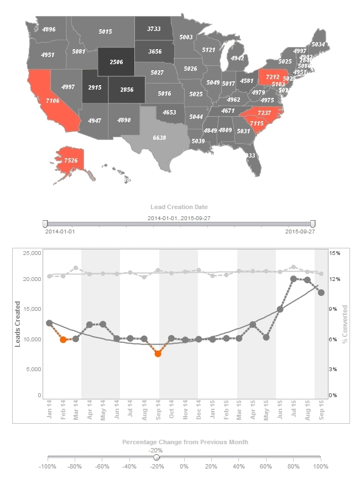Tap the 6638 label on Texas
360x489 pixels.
[159, 137]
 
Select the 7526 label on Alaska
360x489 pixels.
[71, 160]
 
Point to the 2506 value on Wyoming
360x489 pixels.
[116, 62]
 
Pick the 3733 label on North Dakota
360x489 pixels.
[154, 29]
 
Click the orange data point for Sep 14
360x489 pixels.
[158, 353]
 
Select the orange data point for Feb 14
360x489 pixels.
[63, 340]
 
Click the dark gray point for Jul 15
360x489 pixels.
[294, 279]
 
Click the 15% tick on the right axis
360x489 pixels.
[335, 253]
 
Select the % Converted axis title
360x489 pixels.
[345, 324]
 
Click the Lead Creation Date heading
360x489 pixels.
[180, 207]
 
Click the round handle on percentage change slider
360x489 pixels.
[156, 457]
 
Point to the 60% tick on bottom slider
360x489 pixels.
[265, 466]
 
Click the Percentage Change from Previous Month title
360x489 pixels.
[185, 442]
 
